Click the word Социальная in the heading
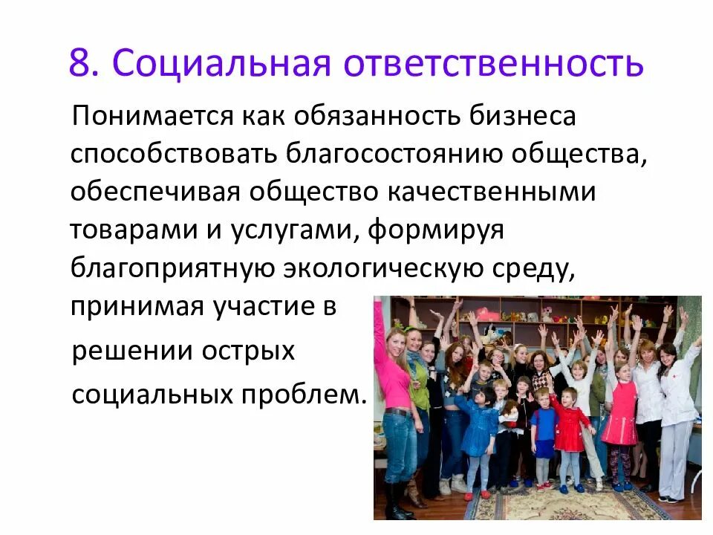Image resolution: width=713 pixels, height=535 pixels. tap(221, 63)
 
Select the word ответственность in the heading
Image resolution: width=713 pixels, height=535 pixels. tap(492, 63)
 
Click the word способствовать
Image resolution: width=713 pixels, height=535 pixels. tap(172, 155)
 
